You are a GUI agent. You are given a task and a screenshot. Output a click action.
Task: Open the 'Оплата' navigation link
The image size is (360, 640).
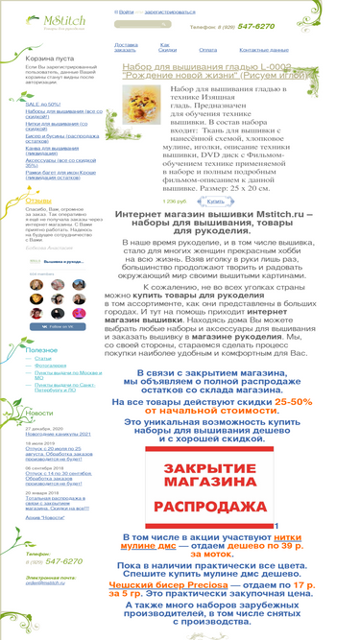pyautogui.click(x=207, y=49)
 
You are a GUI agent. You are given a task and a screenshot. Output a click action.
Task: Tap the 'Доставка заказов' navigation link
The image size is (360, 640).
pyautogui.click(x=126, y=47)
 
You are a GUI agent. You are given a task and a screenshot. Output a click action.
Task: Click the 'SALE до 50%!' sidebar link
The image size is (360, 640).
pyautogui.click(x=43, y=104)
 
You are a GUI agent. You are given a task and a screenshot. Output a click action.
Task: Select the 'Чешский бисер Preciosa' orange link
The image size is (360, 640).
pyautogui.click(x=185, y=584)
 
